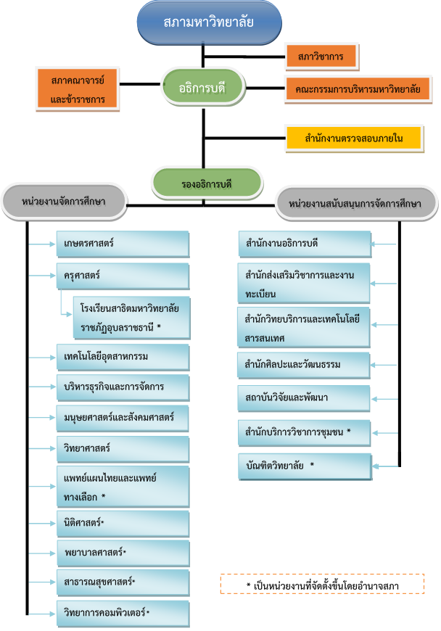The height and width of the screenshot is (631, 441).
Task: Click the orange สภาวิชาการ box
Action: pyautogui.click(x=321, y=56)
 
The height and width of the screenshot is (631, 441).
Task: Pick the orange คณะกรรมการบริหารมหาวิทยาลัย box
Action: pyautogui.click(x=358, y=89)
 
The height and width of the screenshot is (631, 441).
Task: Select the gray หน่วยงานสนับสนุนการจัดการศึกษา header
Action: pyautogui.click(x=355, y=204)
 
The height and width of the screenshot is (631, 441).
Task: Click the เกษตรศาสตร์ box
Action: pyautogui.click(x=122, y=244)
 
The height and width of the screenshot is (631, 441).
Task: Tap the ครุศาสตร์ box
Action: pyautogui.click(x=122, y=276)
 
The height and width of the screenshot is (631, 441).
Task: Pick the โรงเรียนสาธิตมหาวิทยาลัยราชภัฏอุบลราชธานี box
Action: pyautogui.click(x=131, y=318)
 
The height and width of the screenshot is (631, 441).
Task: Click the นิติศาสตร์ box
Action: pyautogui.click(x=122, y=522)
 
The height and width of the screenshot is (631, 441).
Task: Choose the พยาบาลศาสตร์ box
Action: pyautogui.click(x=122, y=553)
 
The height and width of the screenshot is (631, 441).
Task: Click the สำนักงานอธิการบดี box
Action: pyautogui.click(x=305, y=244)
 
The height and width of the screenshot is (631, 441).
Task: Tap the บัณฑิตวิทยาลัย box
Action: pyautogui.click(x=305, y=466)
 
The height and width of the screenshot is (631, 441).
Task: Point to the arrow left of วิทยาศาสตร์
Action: pyautogui.click(x=42, y=448)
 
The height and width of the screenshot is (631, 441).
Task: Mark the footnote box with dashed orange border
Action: pyautogui.click(x=323, y=584)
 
